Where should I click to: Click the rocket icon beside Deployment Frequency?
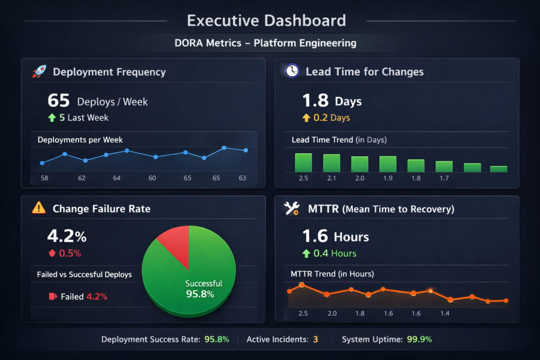click(x=39, y=72)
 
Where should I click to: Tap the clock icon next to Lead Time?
click(x=292, y=71)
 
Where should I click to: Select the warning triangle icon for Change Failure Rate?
click(x=39, y=208)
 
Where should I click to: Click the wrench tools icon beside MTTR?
click(x=292, y=209)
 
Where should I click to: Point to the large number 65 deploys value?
click(x=59, y=101)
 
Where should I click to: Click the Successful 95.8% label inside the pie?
click(x=204, y=289)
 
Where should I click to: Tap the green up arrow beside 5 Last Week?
click(x=52, y=118)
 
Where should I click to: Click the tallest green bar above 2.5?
click(x=303, y=162)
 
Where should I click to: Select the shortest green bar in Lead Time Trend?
click(x=498, y=169)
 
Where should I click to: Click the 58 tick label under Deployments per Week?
click(x=44, y=178)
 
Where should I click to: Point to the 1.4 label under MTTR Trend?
click(x=445, y=314)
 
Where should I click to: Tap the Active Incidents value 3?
click(x=315, y=339)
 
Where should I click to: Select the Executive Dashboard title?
click(x=266, y=21)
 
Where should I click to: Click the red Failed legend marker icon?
click(x=52, y=296)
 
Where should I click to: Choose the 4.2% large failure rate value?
click(x=66, y=235)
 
